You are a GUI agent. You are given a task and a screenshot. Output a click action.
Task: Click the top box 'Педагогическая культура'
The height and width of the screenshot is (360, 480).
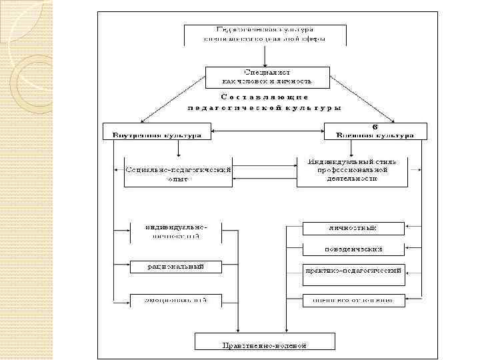[265, 34]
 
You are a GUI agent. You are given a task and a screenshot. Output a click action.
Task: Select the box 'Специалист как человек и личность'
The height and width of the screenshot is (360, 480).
[267, 76]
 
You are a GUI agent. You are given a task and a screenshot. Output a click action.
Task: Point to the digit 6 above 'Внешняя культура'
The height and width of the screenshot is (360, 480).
[375, 125]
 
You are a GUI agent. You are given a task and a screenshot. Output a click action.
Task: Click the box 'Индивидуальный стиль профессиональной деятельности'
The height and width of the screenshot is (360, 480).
[351, 170]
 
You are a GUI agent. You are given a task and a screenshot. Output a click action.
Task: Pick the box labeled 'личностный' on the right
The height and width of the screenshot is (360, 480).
[353, 228]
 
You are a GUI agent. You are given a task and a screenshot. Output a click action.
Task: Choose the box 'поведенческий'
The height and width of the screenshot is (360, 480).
[353, 249]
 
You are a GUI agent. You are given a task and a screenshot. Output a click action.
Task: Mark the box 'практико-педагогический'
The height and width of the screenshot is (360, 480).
[353, 272]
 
